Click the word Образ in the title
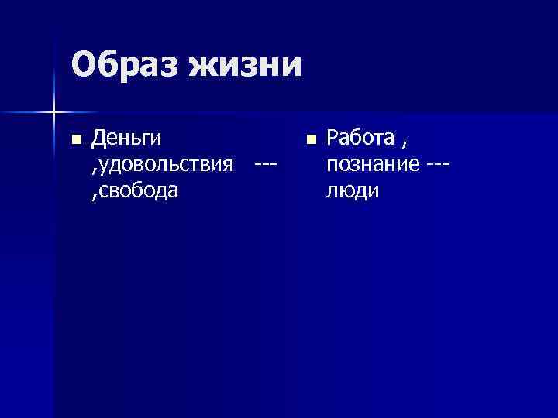coord(124,66)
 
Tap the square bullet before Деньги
coord(75,140)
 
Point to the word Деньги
coord(126,139)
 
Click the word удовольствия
coord(167,165)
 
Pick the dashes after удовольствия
coord(265,165)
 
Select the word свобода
coord(138,190)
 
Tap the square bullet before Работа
coord(311,140)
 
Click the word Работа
coord(360,139)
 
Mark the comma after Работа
coord(405,144)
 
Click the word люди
coord(353,190)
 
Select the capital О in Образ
coord(82,66)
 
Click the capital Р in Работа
coord(333,139)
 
